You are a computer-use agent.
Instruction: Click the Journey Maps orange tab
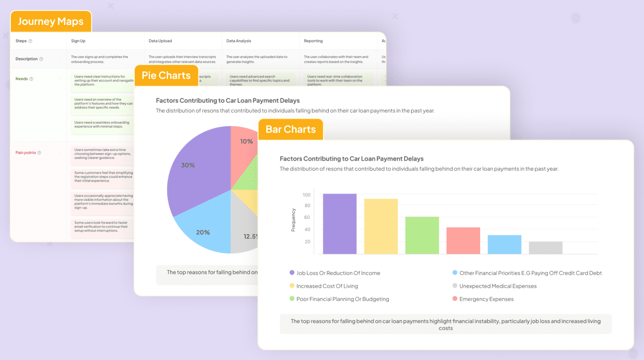[x=51, y=21]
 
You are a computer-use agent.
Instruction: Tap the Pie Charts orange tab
[x=166, y=76]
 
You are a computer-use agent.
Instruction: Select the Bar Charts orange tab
[x=291, y=129]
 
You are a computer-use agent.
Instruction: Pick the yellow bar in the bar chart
[x=381, y=226]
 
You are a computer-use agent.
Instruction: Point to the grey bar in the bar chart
[x=545, y=248]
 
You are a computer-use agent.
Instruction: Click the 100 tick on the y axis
[x=306, y=195]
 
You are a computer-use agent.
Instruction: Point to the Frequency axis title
[x=293, y=220]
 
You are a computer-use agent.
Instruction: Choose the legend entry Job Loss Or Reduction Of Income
[x=338, y=273]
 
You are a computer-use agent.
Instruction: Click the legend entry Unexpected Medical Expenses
[x=498, y=286]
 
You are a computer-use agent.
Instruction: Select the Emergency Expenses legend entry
[x=486, y=299]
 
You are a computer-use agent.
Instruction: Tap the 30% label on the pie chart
[x=188, y=165]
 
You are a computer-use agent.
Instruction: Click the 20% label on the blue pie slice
[x=203, y=232]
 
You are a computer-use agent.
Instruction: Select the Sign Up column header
[x=78, y=41]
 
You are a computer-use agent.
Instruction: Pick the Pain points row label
[x=26, y=153]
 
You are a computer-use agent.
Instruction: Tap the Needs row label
[x=22, y=79]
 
